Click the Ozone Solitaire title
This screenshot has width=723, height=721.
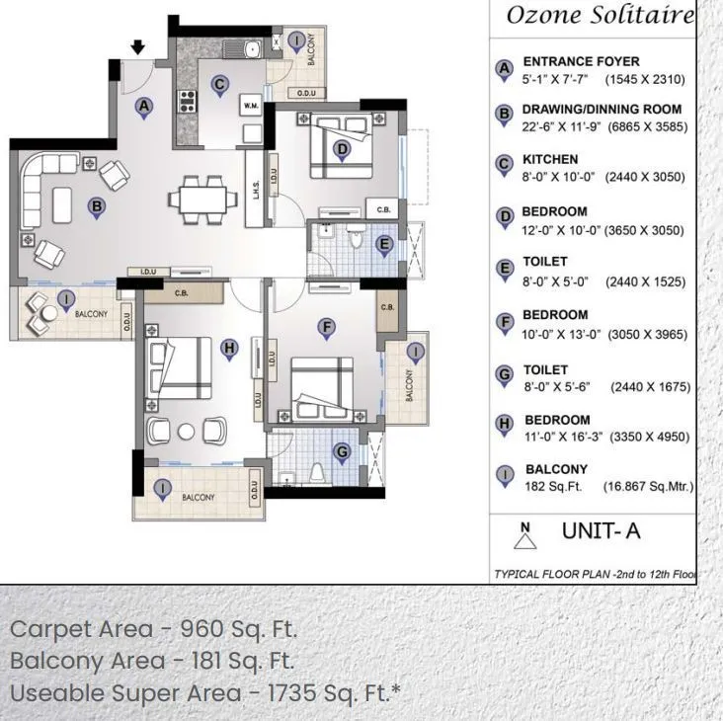[x=600, y=16]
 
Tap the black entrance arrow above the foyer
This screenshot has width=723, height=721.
[x=138, y=46]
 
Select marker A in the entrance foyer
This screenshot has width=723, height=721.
[x=144, y=106]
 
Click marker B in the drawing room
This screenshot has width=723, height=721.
[x=97, y=207]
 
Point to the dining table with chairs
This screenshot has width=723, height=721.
[x=202, y=197]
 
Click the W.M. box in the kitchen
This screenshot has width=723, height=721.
[x=251, y=104]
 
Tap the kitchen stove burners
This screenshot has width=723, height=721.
[x=186, y=100]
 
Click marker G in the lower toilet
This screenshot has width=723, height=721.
[x=342, y=453]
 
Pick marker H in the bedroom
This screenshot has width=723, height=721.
[x=229, y=349]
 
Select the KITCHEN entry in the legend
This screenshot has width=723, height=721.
[x=550, y=159]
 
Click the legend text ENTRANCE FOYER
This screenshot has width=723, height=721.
[x=581, y=61]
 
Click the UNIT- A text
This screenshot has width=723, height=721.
[x=601, y=531]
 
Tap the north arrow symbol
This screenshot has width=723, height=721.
[x=525, y=536]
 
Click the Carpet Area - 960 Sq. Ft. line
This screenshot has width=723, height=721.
[x=153, y=629]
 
